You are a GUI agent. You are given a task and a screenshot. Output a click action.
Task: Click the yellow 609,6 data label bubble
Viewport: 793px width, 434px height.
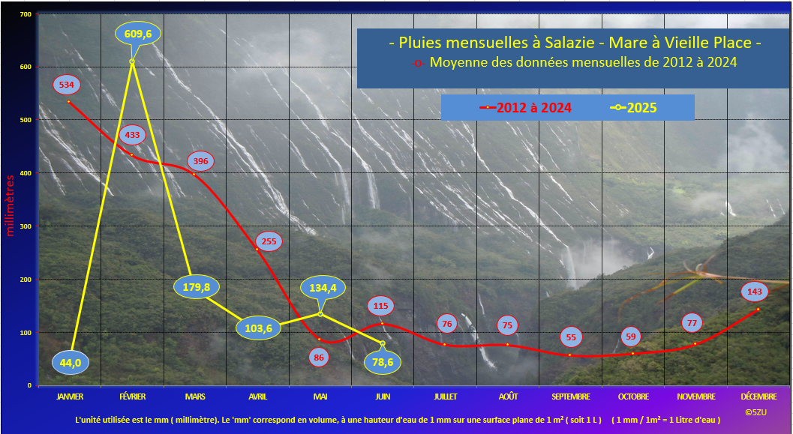138,34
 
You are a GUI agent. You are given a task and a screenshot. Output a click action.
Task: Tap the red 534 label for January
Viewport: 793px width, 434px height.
66,85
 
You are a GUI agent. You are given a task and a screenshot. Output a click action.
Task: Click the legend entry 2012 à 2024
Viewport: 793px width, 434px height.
525,108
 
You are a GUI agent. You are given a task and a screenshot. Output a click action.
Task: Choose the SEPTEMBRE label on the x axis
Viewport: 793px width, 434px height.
570,397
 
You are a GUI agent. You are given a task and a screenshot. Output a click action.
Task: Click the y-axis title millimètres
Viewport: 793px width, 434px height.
10,205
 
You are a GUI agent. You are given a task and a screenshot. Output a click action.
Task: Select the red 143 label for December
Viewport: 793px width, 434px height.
754,292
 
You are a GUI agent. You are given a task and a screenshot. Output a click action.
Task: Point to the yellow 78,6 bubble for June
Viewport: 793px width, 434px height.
383,362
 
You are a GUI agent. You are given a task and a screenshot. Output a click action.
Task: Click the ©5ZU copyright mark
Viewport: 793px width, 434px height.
756,412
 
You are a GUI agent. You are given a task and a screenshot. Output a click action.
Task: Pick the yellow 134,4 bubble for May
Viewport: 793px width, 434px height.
323,288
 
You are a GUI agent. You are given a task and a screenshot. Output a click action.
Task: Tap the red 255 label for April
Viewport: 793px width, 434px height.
269,241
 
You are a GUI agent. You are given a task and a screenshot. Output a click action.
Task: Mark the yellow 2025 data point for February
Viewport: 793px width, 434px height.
132,61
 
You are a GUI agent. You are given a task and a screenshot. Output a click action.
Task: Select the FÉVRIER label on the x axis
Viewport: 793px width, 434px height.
133,397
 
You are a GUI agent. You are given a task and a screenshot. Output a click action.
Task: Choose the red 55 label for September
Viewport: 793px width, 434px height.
571,337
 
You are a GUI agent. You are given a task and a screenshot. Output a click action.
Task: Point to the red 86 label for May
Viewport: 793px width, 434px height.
319,358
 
